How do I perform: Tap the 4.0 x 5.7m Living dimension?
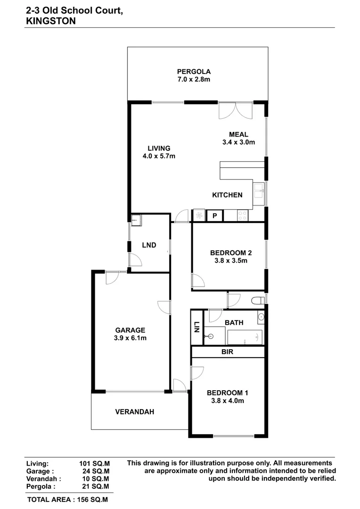[159, 156]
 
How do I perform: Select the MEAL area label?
[238, 134]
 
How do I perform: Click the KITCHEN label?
[227, 195]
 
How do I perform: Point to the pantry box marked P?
[215, 216]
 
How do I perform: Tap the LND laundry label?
[149, 245]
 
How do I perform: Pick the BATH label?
[234, 322]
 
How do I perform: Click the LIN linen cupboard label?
[196, 327]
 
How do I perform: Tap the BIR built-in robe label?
[227, 352]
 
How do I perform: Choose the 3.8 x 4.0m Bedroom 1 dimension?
[227, 401]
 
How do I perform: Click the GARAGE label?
[130, 330]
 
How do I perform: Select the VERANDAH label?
[135, 411]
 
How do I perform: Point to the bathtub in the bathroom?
[245, 337]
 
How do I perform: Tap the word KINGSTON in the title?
[51, 20]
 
